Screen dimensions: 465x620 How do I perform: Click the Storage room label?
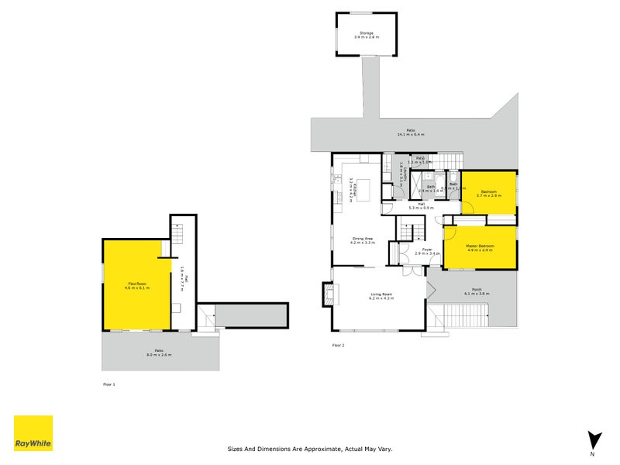[x=366, y=33]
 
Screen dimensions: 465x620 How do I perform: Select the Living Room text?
[x=381, y=294]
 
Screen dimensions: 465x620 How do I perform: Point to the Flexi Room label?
[x=138, y=284]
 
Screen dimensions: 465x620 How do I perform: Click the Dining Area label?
[x=363, y=239]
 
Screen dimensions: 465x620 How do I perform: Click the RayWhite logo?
[x=33, y=433]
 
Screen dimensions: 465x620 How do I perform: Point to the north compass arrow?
[x=594, y=439]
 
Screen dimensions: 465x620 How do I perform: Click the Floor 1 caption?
[x=108, y=384]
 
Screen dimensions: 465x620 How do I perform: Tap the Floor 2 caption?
[x=338, y=345]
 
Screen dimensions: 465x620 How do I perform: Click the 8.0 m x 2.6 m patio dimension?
[x=160, y=355]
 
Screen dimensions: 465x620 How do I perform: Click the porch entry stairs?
[x=465, y=317]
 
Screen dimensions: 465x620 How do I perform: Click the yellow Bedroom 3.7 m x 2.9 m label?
[x=488, y=194]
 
